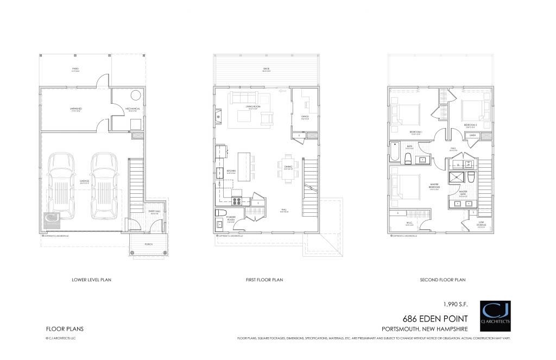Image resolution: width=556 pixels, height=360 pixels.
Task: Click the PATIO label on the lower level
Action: coord(76,69)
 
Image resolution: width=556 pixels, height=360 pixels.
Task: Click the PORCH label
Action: coord(148,244)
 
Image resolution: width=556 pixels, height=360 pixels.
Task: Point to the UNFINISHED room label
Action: coord(75,109)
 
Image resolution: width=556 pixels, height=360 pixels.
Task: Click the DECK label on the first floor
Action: coord(267,69)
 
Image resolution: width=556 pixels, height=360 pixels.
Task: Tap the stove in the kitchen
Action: coord(237,200)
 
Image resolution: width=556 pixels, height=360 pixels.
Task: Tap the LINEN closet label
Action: coord(472,134)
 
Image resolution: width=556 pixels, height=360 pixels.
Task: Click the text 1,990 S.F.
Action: coord(453,304)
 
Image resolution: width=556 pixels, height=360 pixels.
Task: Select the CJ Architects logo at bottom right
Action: coord(496,314)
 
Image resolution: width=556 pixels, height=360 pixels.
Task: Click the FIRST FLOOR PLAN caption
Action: coord(264,280)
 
